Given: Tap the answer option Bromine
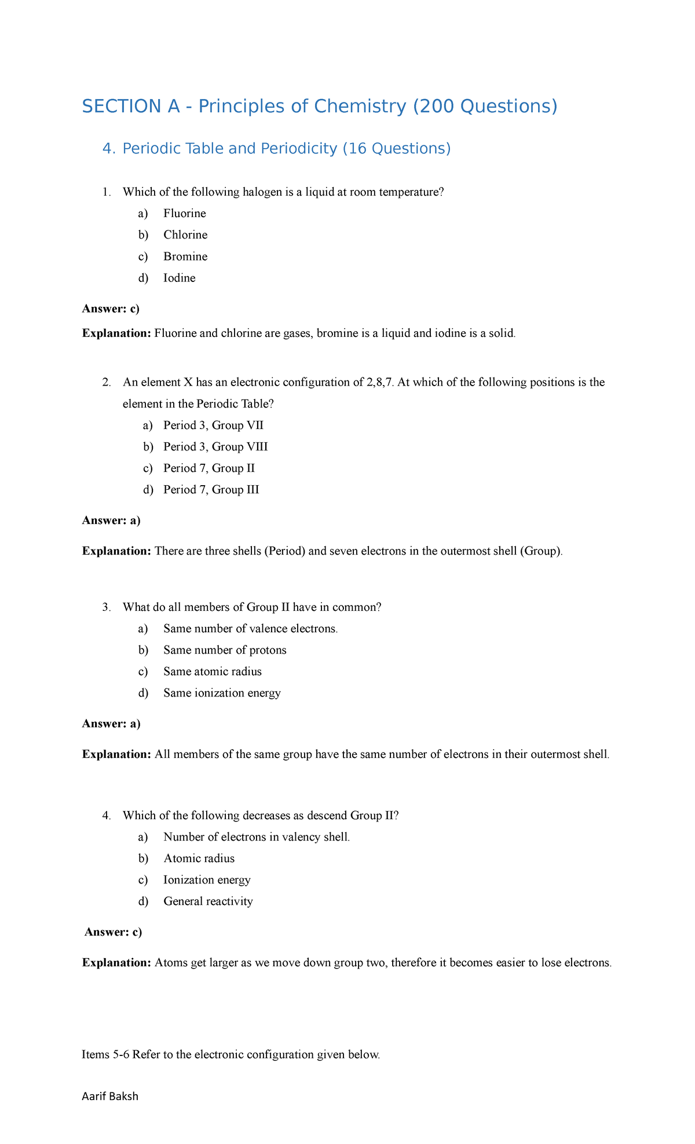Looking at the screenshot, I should (185, 256).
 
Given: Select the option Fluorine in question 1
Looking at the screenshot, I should (185, 214).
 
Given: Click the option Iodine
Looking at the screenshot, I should (180, 278).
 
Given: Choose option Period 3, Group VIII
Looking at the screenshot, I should (215, 447).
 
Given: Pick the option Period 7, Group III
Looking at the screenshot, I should (211, 490).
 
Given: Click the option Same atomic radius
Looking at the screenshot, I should (213, 672).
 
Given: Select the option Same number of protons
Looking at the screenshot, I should (225, 650).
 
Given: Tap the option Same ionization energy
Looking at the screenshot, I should (222, 693).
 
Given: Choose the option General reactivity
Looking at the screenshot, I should (209, 901).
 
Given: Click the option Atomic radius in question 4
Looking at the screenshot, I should (199, 859).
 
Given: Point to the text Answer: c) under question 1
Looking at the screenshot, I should (111, 309).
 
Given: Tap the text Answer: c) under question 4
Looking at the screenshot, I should (113, 932).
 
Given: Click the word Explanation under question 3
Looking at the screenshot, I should (116, 754).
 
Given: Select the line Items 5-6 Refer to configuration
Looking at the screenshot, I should (231, 1054).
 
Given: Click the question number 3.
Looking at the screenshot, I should (105, 607).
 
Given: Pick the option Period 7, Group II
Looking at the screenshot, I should (209, 468).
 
